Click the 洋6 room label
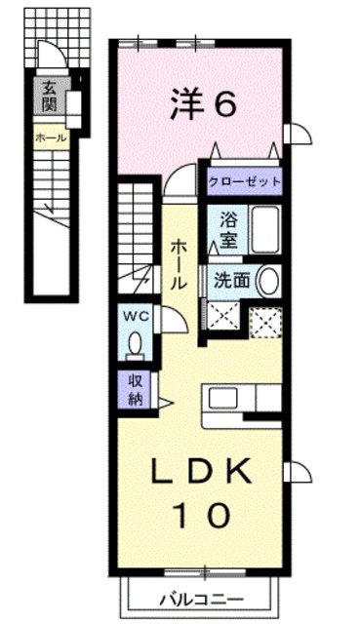point(202,103)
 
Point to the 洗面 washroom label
point(232,281)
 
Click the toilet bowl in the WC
point(135,342)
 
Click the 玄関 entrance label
point(49,95)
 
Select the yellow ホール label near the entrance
point(51,137)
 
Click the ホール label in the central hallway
point(180,264)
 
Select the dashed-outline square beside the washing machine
point(263,322)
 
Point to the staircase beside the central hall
point(138,234)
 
